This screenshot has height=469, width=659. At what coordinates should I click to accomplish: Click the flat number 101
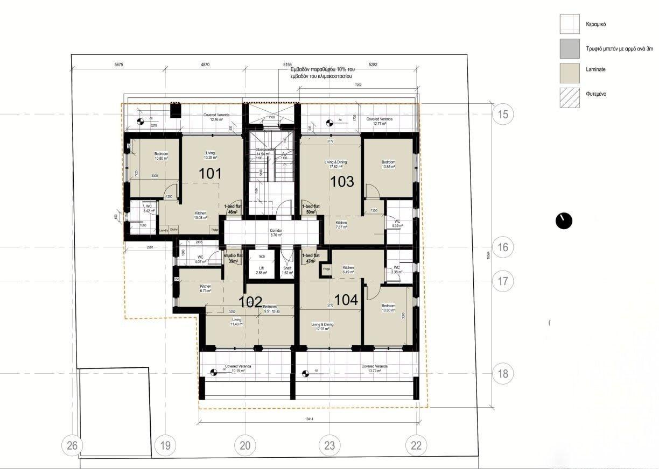211,174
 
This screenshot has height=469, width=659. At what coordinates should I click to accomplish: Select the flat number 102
250,301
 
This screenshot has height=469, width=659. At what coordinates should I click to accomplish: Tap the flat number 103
342,181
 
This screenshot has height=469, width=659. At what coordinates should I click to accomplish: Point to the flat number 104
346,300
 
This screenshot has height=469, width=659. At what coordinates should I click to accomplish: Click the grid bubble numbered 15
503,114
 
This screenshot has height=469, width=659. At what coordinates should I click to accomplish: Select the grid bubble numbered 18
503,374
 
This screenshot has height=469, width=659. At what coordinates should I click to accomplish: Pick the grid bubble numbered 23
329,445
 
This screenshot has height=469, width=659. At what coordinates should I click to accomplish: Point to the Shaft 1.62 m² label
287,271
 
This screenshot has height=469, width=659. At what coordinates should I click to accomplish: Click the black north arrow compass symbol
564,220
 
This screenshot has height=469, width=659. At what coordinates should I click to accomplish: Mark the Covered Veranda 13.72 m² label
374,368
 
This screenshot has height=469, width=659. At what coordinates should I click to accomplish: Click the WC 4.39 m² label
397,223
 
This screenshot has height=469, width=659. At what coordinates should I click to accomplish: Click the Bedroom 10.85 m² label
388,165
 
